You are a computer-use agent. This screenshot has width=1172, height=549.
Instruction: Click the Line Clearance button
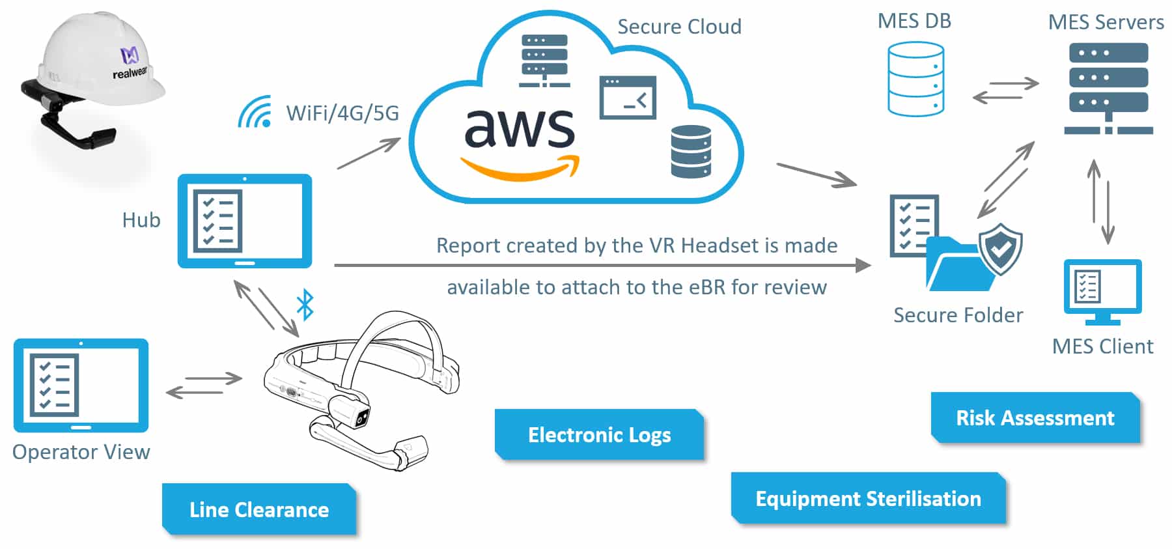(x=259, y=509)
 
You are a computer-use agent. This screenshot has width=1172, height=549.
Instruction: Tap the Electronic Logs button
(x=599, y=434)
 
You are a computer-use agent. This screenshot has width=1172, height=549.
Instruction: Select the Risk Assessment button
(x=1035, y=417)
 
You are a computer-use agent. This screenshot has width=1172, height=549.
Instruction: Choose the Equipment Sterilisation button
(x=868, y=498)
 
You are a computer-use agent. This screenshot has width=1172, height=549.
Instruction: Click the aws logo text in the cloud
(x=519, y=128)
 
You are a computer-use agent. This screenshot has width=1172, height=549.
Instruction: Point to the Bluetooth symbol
(x=305, y=304)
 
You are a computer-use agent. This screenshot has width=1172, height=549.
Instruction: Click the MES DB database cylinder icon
(x=915, y=79)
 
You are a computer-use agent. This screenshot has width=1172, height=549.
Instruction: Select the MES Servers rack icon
(x=1108, y=88)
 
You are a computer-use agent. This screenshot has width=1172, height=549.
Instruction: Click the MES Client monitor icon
(x=1102, y=291)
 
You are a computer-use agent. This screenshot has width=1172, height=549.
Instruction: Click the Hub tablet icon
(x=245, y=221)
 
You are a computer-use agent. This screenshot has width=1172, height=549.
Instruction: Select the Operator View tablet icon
(x=81, y=385)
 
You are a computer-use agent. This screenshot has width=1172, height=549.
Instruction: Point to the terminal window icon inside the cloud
(x=627, y=98)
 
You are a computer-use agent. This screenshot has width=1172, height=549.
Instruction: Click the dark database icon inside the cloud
(x=691, y=151)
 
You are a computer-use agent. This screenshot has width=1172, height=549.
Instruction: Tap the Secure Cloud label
(x=679, y=27)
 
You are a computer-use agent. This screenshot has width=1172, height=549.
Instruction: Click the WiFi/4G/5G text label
(x=342, y=113)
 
